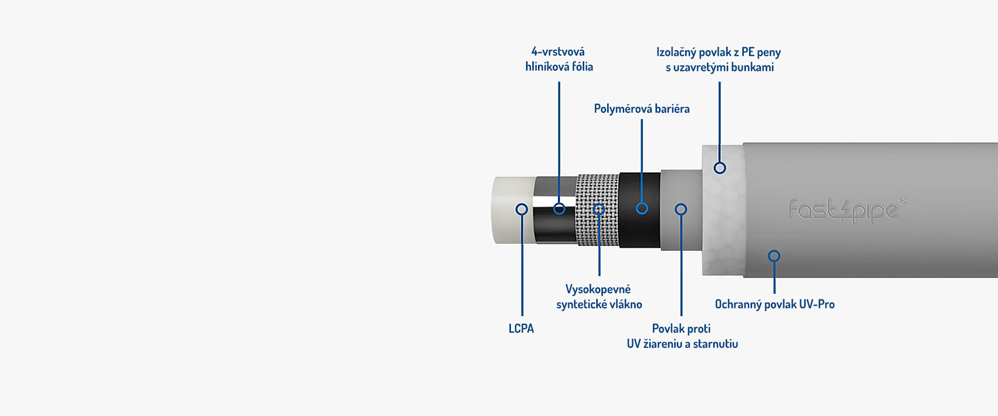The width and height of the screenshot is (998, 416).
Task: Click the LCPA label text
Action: coord(521,329)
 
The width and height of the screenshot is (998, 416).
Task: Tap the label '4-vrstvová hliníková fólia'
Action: coord(559,59)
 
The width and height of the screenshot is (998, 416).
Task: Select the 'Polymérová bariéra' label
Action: coord(641,109)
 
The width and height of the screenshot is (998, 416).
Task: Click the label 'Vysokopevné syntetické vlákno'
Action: coord(599,296)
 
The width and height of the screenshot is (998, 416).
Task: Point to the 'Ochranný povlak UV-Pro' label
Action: coord(774,304)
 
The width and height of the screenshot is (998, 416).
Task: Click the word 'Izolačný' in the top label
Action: coord(674,52)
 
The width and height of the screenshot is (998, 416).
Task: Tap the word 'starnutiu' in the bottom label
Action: coord(715,344)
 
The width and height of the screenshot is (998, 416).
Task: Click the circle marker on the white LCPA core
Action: coord(521,209)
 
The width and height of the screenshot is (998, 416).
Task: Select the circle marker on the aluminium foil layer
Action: coord(559,209)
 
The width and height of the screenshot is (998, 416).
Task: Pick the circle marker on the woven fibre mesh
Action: coord(599,209)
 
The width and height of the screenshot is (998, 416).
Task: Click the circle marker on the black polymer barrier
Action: coord(642,209)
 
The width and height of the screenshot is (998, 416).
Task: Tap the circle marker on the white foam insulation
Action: coord(719,168)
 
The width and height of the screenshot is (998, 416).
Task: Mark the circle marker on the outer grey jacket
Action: coord(774,256)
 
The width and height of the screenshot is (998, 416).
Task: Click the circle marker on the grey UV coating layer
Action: coord(681,209)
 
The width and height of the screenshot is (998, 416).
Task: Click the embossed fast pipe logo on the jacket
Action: coord(844,210)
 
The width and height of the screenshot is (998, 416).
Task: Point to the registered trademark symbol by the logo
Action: coord(902,200)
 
